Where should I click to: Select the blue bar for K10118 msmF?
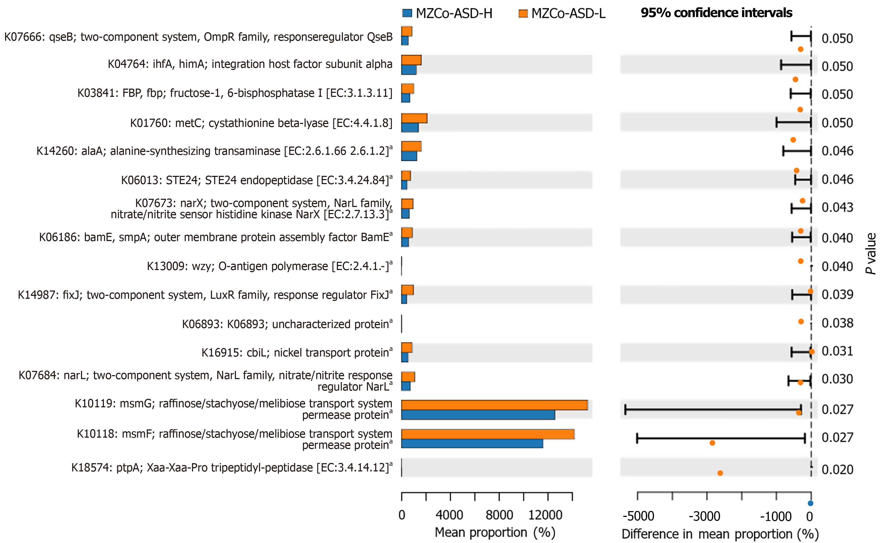click(472, 443)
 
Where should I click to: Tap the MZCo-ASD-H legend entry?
click(447, 14)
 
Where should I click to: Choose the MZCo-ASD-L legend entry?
click(562, 14)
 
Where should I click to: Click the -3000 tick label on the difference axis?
click(704, 516)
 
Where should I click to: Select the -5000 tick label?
click(638, 516)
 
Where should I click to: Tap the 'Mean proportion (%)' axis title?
click(495, 533)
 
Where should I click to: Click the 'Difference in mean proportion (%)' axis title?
click(720, 534)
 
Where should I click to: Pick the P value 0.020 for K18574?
click(837, 469)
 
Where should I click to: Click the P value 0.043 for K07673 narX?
click(837, 207)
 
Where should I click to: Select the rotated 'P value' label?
click(871, 253)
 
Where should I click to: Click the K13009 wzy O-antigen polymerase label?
click(269, 266)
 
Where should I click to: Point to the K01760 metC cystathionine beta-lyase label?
click(261, 123)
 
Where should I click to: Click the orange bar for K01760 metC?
click(414, 118)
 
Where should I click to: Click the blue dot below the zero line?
click(810, 503)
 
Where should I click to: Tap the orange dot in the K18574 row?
click(720, 473)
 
